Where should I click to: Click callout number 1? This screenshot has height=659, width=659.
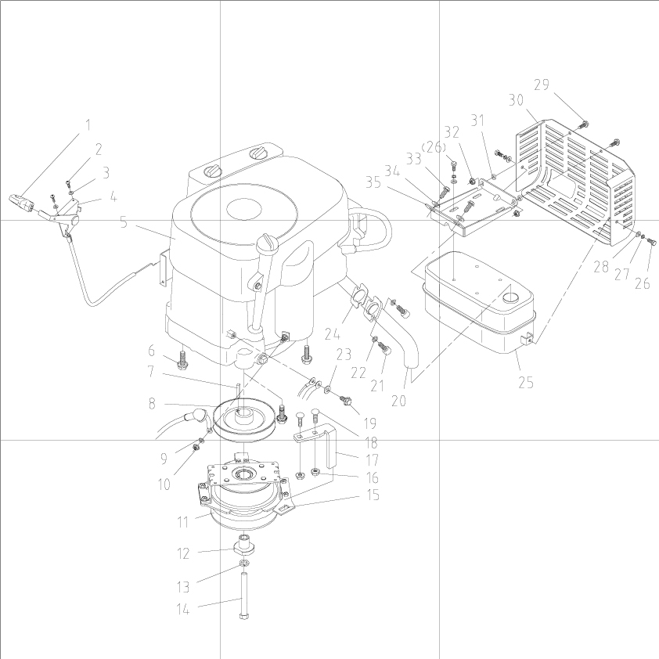[88, 124]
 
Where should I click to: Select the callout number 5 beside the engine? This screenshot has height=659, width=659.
[123, 222]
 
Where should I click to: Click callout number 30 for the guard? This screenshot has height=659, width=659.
[515, 100]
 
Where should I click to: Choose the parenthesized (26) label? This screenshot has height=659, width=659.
[435, 147]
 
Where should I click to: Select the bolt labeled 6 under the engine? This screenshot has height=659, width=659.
[182, 361]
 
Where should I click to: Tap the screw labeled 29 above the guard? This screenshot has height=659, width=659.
[583, 124]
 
